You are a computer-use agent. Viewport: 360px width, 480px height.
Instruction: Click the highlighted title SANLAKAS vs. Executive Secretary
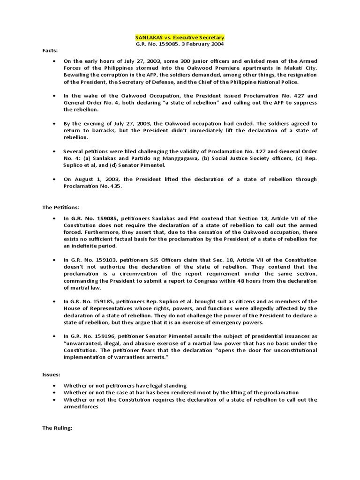(x=180, y=37)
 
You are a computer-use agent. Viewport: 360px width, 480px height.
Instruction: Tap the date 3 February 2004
(x=205, y=44)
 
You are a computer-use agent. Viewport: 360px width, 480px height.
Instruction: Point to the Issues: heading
(x=52, y=375)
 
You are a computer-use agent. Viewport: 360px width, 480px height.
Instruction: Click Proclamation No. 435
(x=93, y=186)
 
